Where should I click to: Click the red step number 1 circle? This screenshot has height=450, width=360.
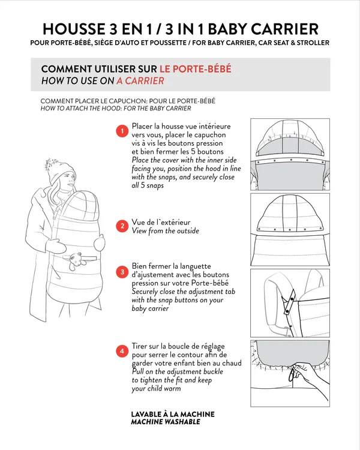click(122, 131)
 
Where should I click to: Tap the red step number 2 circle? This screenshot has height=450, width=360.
click(122, 226)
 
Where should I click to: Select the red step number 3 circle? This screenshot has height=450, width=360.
click(122, 272)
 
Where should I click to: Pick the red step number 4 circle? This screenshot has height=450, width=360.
click(122, 351)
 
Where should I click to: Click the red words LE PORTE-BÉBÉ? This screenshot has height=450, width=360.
click(196, 69)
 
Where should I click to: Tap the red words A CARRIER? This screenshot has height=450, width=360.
click(140, 81)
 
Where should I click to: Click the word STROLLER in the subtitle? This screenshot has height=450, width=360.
click(313, 43)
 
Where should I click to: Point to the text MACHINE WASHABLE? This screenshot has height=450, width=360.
click(166, 422)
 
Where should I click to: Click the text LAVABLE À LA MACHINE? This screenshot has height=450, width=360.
click(173, 414)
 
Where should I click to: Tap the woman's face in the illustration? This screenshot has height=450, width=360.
click(68, 180)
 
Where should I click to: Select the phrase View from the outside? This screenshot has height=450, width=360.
click(166, 231)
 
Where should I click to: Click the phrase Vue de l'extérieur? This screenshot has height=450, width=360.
click(161, 222)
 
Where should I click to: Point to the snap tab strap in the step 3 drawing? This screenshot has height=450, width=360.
click(289, 302)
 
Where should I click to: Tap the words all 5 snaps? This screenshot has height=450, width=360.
click(148, 185)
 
